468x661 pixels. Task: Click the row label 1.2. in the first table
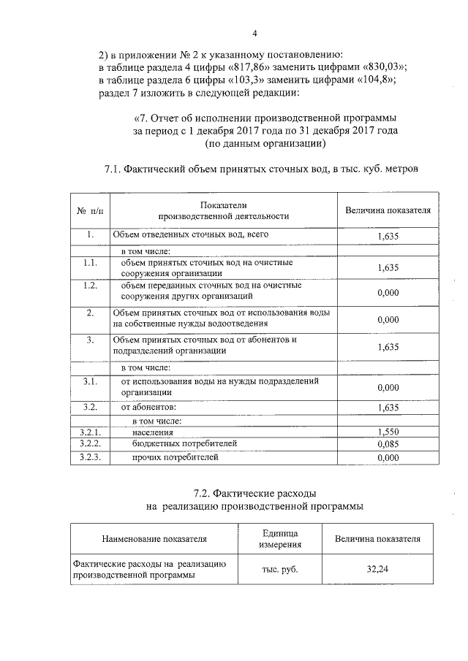pyautogui.click(x=91, y=286)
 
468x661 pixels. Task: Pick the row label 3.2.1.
pyautogui.click(x=91, y=432)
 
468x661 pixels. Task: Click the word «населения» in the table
pyautogui.click(x=153, y=432)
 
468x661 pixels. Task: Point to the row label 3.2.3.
pyautogui.click(x=91, y=457)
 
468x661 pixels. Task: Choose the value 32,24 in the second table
pyautogui.click(x=377, y=569)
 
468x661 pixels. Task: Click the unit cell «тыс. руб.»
pyautogui.click(x=280, y=569)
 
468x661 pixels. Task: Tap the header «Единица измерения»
pyautogui.click(x=280, y=539)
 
